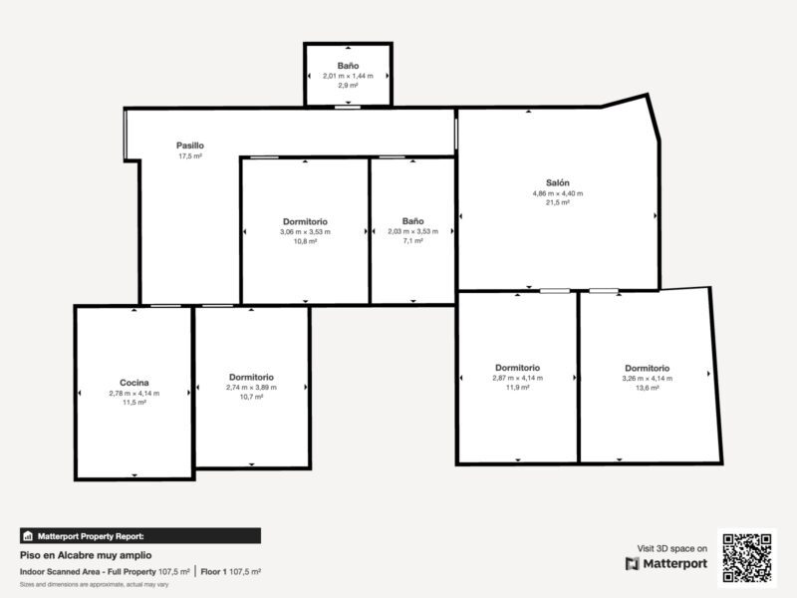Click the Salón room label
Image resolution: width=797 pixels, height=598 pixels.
pos(558,182)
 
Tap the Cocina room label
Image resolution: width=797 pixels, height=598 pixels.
pos(134,383)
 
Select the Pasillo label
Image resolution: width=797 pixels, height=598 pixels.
pos(190,146)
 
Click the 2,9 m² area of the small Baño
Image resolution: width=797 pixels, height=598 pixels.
pos(348,86)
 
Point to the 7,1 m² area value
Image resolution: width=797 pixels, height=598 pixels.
pos(412,241)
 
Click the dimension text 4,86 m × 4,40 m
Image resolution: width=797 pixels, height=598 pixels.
pos(558,193)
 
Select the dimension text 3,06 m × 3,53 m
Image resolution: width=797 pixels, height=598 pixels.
pos(305,232)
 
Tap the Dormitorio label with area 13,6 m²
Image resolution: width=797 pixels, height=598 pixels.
pos(647,368)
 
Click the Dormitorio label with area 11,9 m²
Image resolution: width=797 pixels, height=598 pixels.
pos(517,368)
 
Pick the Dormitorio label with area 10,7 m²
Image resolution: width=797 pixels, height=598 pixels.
pos(251,378)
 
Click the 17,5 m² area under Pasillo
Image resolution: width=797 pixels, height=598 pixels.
pos(190,156)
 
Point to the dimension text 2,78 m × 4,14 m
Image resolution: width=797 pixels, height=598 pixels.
pos(134,393)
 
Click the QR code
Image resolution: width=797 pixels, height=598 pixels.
pos(747,558)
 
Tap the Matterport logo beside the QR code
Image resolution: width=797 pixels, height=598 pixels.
pos(666,564)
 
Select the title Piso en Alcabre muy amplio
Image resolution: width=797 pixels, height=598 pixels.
pos(86,555)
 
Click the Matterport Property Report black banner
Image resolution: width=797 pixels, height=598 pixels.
pos(140,536)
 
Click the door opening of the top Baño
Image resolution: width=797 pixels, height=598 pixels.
pos(348,108)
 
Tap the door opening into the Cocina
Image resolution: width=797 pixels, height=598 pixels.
pos(165,306)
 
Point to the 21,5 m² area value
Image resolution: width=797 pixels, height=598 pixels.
pos(558,202)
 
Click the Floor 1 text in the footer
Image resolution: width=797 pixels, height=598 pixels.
pos(214,571)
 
